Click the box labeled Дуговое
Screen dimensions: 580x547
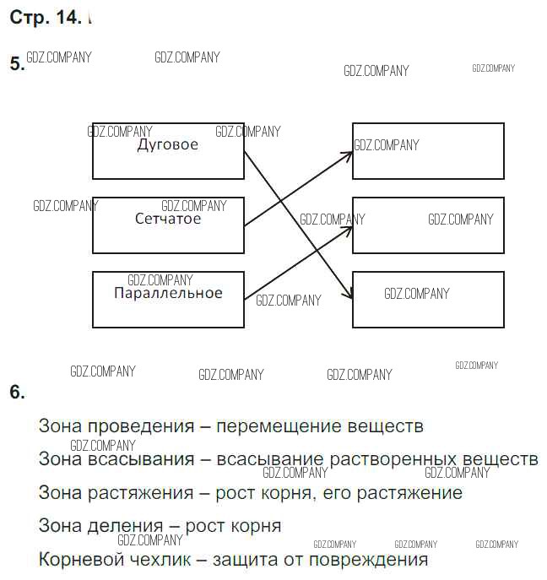(168, 151)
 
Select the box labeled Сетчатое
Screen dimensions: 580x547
(168, 225)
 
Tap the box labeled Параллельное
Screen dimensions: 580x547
(168, 300)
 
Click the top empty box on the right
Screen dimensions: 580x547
(428, 151)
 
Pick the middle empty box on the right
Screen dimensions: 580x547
(428, 225)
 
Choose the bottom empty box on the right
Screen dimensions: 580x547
(428, 300)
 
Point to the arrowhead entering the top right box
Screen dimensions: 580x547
(348, 154)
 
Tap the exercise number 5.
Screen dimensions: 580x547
(16, 64)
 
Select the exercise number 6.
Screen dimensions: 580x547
(16, 392)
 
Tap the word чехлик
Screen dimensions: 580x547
(164, 559)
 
